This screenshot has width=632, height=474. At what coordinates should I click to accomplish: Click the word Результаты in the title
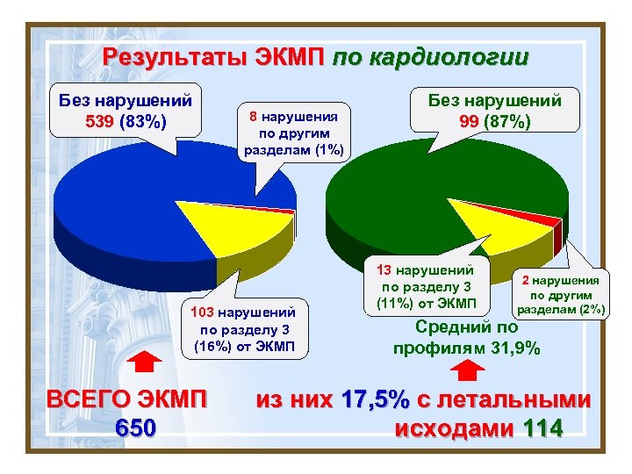[x=176, y=58]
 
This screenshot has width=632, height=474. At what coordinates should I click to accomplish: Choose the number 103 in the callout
[x=198, y=312]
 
